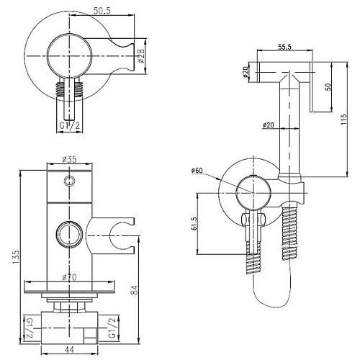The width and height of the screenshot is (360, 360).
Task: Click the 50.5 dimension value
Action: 102,11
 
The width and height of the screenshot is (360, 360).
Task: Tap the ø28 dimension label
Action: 141,56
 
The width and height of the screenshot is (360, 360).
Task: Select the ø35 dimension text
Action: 69,159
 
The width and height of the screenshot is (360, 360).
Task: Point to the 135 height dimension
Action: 15,257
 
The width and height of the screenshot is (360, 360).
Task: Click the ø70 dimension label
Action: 69,277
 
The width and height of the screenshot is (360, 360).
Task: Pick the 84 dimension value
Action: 135,289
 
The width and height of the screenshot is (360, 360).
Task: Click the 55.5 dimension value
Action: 284,47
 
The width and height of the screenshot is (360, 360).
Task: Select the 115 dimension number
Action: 344,119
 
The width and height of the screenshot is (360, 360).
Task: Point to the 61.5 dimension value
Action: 194,223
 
